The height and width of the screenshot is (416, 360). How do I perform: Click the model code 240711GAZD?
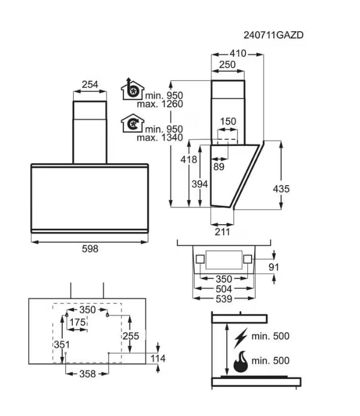[273, 35]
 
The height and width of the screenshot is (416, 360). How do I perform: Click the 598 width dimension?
[90, 249]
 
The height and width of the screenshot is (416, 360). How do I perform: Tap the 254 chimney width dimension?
[90, 84]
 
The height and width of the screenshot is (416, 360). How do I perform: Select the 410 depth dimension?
[238, 53]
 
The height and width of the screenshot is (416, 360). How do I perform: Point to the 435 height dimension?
[281, 189]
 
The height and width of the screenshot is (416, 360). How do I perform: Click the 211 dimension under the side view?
[222, 232]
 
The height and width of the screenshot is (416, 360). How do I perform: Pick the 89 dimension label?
[219, 167]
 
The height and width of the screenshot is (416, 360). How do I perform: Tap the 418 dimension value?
[189, 160]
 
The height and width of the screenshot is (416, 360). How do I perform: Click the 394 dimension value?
[199, 184]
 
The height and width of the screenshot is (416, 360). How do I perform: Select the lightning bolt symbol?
[241, 338]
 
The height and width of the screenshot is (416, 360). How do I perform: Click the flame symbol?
[241, 362]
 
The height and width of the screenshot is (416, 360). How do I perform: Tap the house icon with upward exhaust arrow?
[133, 89]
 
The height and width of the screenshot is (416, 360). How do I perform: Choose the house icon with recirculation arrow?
[133, 123]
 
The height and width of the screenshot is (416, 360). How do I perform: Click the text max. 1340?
[160, 137]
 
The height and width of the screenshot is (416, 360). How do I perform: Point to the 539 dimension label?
[224, 299]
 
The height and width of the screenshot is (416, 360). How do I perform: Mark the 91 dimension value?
[274, 267]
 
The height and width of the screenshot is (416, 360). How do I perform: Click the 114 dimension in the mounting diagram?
[158, 359]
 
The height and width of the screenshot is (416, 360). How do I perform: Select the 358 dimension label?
[88, 374]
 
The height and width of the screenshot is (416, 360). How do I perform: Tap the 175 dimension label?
[78, 322]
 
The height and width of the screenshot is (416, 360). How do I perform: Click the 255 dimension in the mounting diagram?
[131, 336]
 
